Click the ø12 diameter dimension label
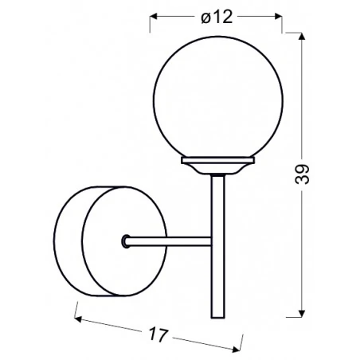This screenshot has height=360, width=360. coord(217,18)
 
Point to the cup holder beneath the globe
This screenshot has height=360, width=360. coord(217,166)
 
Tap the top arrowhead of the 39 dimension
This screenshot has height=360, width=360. coord(303,37)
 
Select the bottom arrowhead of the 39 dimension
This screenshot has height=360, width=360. coord(303,312)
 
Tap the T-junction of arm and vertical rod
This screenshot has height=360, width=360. coord(212,240)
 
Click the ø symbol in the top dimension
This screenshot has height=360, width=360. coord(205,18)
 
